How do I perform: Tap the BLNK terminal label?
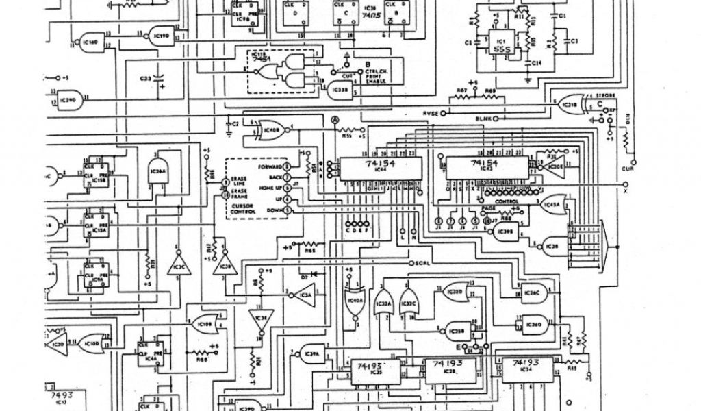(484, 119)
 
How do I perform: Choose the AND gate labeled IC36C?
(531, 294)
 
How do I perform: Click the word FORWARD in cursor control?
(268, 166)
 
